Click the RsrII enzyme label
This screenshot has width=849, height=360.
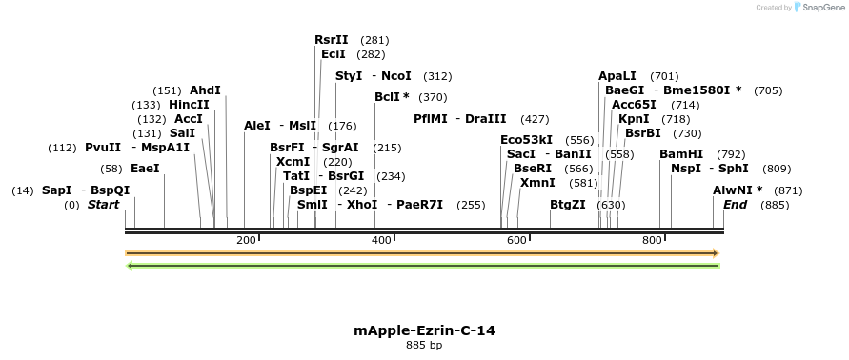(x=331, y=40)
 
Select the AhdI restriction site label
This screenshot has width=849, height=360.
(x=205, y=90)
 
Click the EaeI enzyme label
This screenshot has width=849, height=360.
(x=145, y=169)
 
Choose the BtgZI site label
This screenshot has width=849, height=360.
(x=568, y=205)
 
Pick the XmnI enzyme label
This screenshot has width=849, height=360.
(x=537, y=182)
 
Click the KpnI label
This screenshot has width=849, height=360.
(x=634, y=119)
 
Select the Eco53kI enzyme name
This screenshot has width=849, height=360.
(x=526, y=140)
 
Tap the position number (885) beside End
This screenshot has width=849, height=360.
(x=775, y=205)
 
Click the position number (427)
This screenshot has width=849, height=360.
(x=535, y=119)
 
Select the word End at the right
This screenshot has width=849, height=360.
(x=735, y=205)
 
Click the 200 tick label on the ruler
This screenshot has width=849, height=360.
(x=246, y=240)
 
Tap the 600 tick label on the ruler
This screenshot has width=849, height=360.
(x=516, y=240)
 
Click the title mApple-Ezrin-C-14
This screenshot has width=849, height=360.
(x=424, y=330)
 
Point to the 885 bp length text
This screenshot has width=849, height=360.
(x=424, y=345)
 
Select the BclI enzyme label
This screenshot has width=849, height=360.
(x=387, y=97)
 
